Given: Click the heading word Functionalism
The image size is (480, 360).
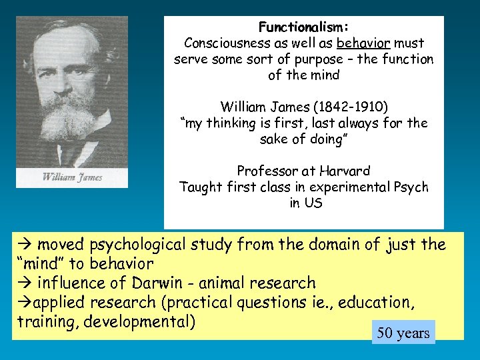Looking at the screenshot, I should coord(303,27).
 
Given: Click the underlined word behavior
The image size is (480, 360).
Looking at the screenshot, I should coord(363,43).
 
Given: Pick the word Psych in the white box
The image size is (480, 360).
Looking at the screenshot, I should coord(409,187).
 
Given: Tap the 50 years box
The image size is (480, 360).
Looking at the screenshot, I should coord(403,333).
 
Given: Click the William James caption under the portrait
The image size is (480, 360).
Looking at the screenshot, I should coord(73,177).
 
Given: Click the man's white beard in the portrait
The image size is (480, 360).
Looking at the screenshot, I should coord(70,120).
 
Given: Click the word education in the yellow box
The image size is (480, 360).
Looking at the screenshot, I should coord(376,303).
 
